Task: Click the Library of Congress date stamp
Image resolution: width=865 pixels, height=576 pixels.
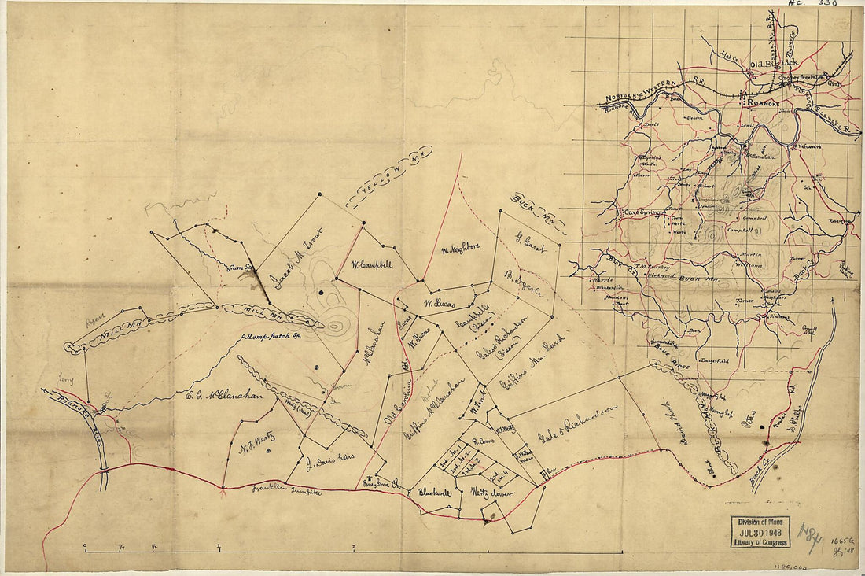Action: tap(760, 532)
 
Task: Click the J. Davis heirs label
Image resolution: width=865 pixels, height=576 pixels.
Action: tap(330, 457)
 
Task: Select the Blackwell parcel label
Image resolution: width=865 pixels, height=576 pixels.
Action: tap(435, 493)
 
